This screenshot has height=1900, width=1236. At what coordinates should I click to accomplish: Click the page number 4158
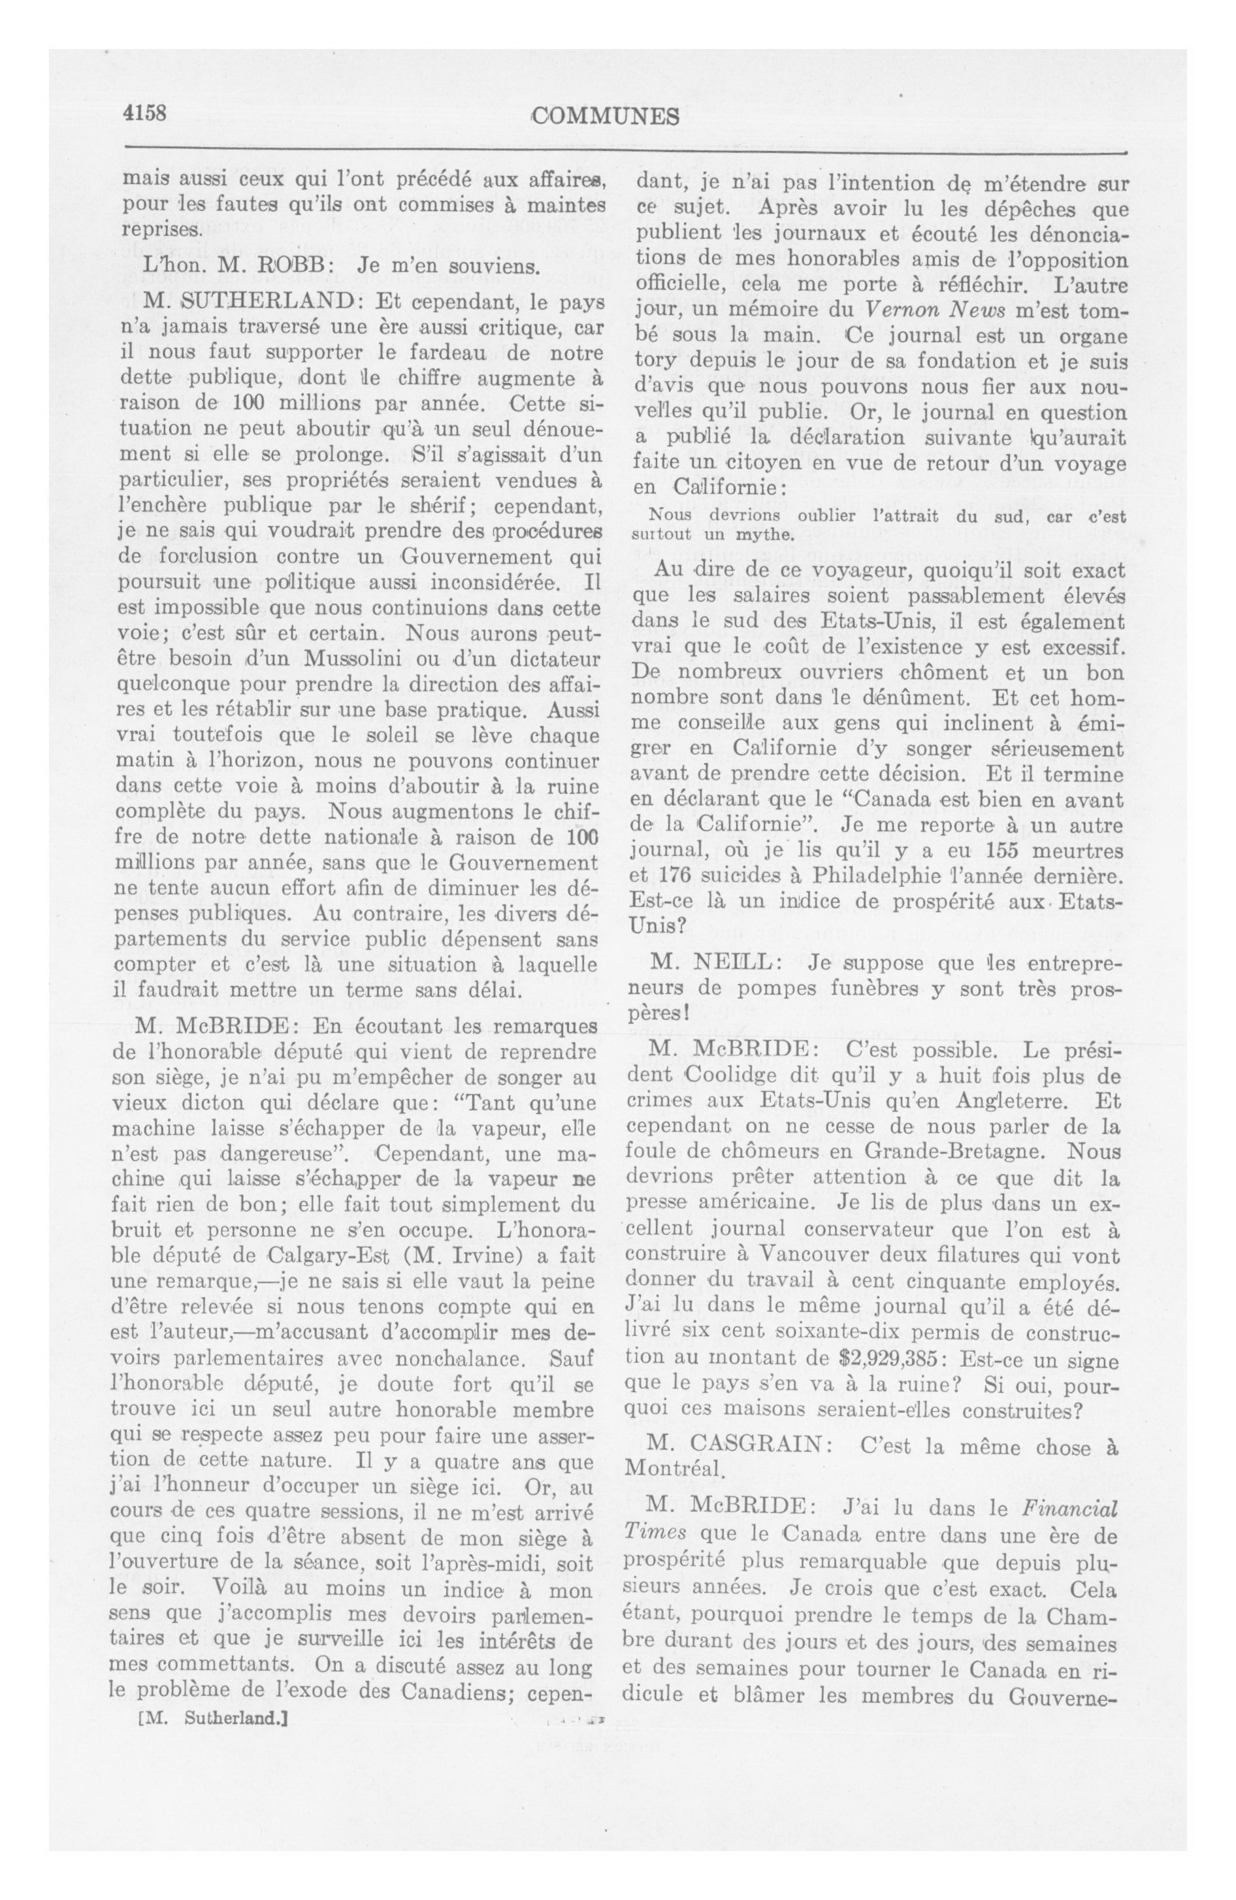[x=144, y=114]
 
